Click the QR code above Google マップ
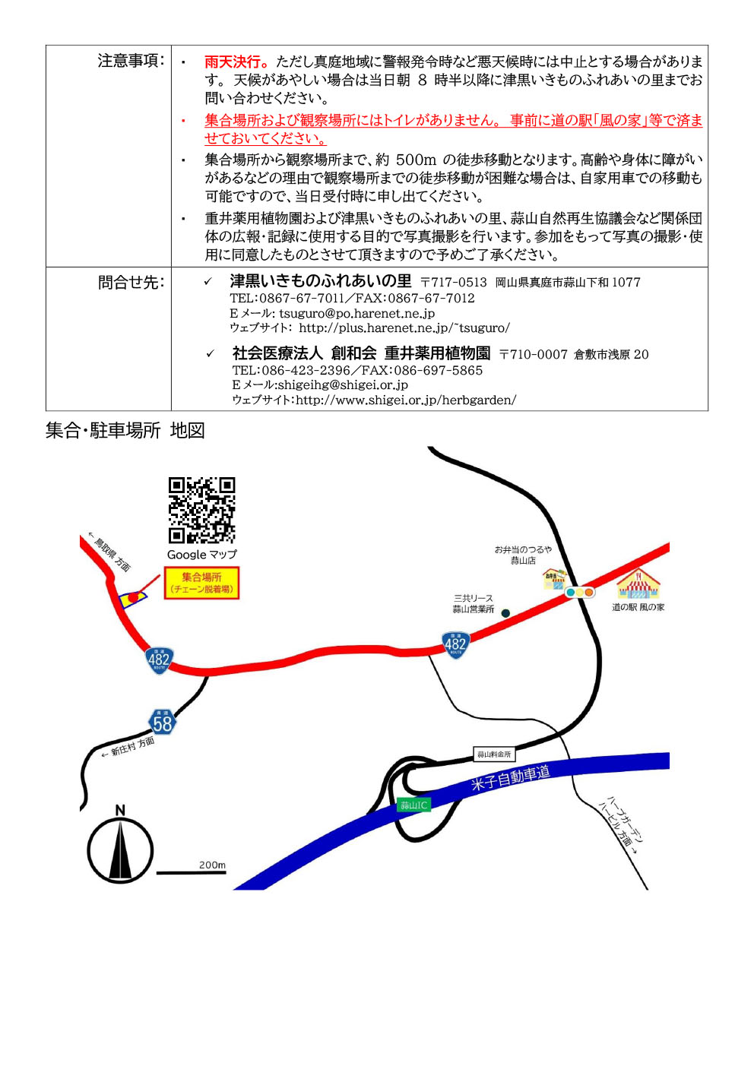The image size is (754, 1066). click(x=202, y=510)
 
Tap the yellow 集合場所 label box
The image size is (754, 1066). click(x=202, y=583)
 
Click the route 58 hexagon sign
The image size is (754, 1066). click(x=163, y=724)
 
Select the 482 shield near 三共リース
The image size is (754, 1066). click(x=455, y=645)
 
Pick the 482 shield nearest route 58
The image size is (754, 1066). click(x=159, y=660)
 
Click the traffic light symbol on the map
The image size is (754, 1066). click(x=580, y=593)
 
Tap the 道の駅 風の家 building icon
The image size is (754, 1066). click(x=638, y=584)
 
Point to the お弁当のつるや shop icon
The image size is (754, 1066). click(x=555, y=579)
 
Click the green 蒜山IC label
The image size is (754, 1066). click(x=413, y=805)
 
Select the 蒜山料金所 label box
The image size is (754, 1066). click(x=494, y=754)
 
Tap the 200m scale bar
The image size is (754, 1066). click(x=192, y=873)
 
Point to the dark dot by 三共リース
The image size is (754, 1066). click(x=505, y=613)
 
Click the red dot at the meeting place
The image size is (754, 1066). click(x=133, y=596)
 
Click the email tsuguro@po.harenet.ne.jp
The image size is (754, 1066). click(x=357, y=313)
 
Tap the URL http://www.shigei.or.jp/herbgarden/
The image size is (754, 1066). click(x=406, y=400)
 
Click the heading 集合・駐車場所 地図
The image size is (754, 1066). click(x=125, y=431)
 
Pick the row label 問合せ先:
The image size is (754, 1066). click(x=131, y=282)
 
